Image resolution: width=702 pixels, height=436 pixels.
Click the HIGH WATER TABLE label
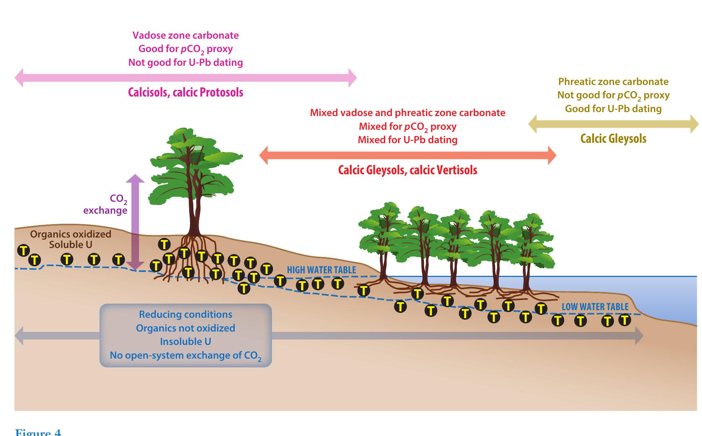[321, 270]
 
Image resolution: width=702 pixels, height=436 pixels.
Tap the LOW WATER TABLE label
[595, 307]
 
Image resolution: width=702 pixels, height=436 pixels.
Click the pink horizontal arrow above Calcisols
[186, 78]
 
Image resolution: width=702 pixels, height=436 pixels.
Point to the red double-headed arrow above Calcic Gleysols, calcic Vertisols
[408, 155]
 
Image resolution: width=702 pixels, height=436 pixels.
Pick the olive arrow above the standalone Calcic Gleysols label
[613, 124]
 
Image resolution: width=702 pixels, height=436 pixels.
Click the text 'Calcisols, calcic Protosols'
[186, 93]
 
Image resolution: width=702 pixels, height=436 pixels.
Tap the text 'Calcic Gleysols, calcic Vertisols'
[408, 170]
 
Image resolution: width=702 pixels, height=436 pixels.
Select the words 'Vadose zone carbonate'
[186, 35]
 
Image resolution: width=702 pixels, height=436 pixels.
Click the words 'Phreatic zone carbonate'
[613, 82]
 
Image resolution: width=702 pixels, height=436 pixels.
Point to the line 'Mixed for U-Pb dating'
[408, 140]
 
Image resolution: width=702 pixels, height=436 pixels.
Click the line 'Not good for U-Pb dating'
[186, 63]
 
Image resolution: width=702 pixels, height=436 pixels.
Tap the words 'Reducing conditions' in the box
[186, 315]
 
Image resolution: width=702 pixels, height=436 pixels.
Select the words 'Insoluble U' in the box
[186, 342]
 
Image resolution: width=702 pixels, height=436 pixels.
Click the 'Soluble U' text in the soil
[71, 245]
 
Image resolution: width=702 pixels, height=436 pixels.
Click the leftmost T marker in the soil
[24, 250]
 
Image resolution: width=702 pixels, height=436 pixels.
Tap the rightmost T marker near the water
[625, 320]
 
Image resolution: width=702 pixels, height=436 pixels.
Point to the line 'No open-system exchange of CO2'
[186, 356]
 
